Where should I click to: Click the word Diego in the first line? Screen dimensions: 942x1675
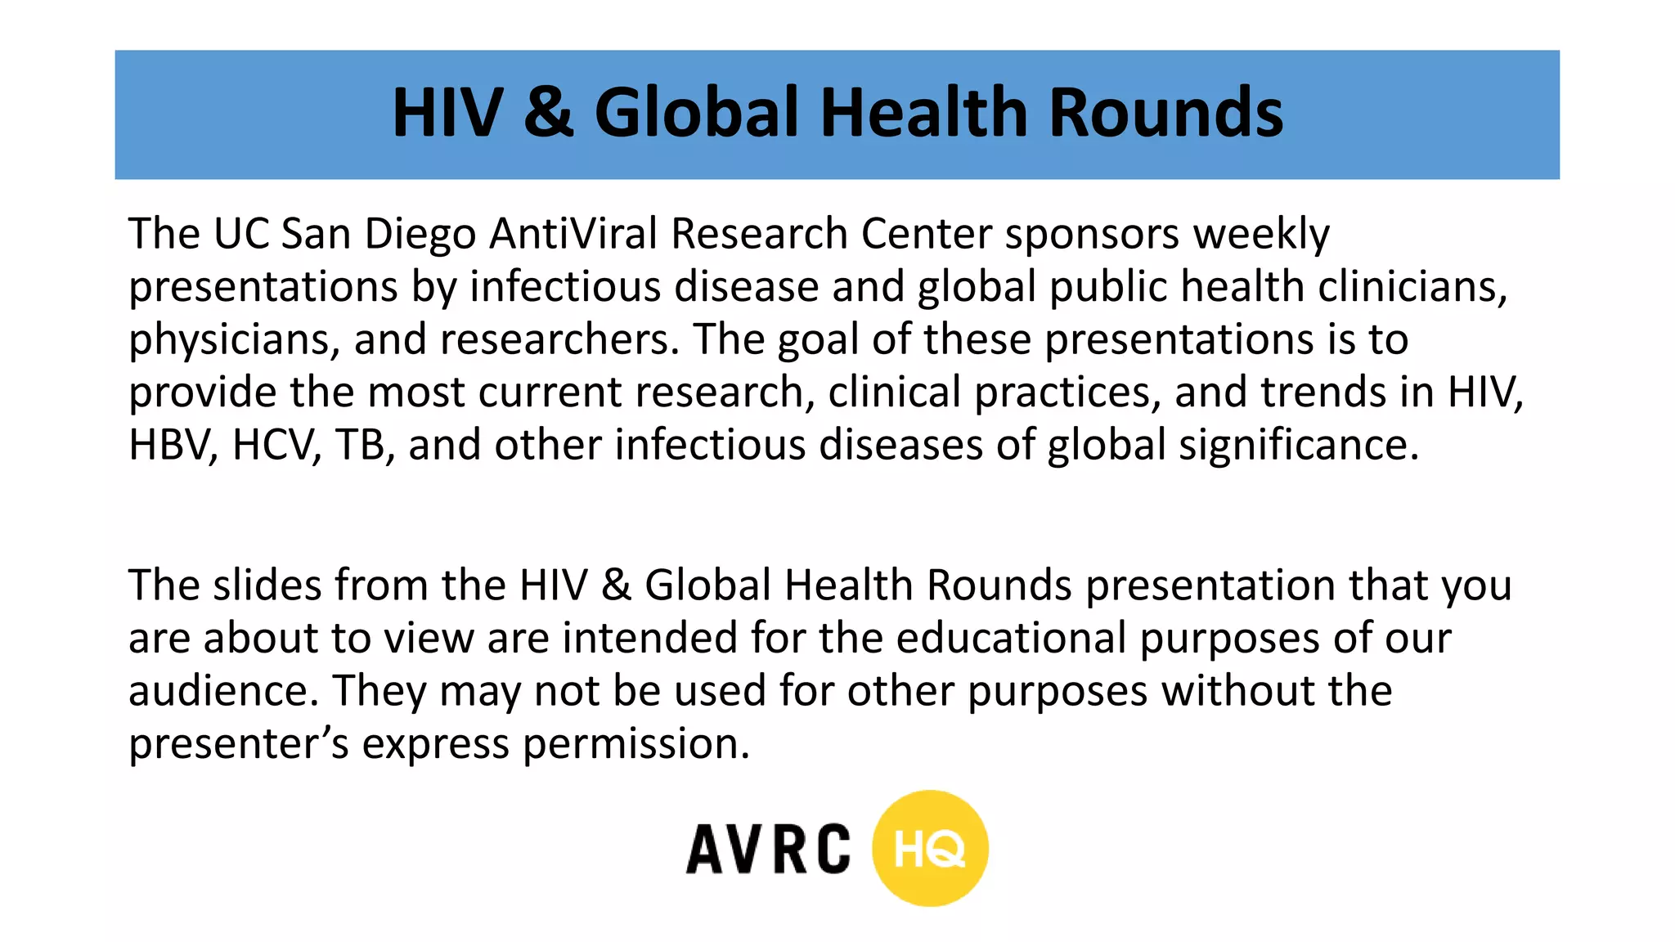coord(420,235)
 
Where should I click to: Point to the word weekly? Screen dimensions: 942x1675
coord(1261,235)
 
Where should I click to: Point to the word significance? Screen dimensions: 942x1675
coord(1298,446)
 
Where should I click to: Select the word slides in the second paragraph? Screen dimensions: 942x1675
coord(267,585)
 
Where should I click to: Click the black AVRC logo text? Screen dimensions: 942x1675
coord(768,850)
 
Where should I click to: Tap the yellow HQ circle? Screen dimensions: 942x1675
coord(930,849)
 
